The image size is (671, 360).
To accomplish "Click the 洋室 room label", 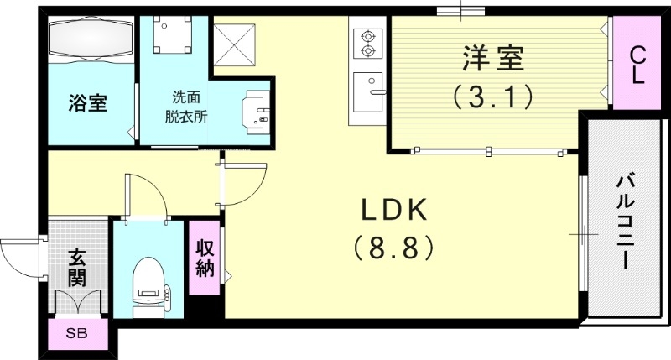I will coord(493,60).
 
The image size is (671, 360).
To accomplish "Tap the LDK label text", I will coord(393,208).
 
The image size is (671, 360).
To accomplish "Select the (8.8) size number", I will coord(393,247).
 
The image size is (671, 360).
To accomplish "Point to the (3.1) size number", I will coord(493,97).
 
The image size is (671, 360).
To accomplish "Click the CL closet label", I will coord(637,65).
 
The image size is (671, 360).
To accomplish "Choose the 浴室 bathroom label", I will coord(87,104).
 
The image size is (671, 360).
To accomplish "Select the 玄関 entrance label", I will coord(76,266).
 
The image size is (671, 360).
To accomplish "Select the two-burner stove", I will coord(367,44).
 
